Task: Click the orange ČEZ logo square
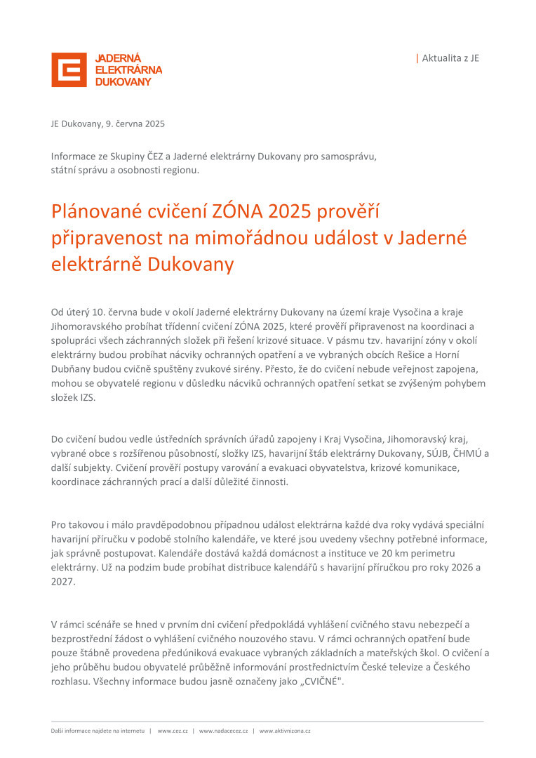coord(69,69)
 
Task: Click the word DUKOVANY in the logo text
coord(123,82)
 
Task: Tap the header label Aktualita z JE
coord(450,58)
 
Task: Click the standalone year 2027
coord(62,582)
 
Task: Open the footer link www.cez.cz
coord(172,731)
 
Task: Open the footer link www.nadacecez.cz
coord(223,731)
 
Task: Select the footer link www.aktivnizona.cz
coord(285,731)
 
